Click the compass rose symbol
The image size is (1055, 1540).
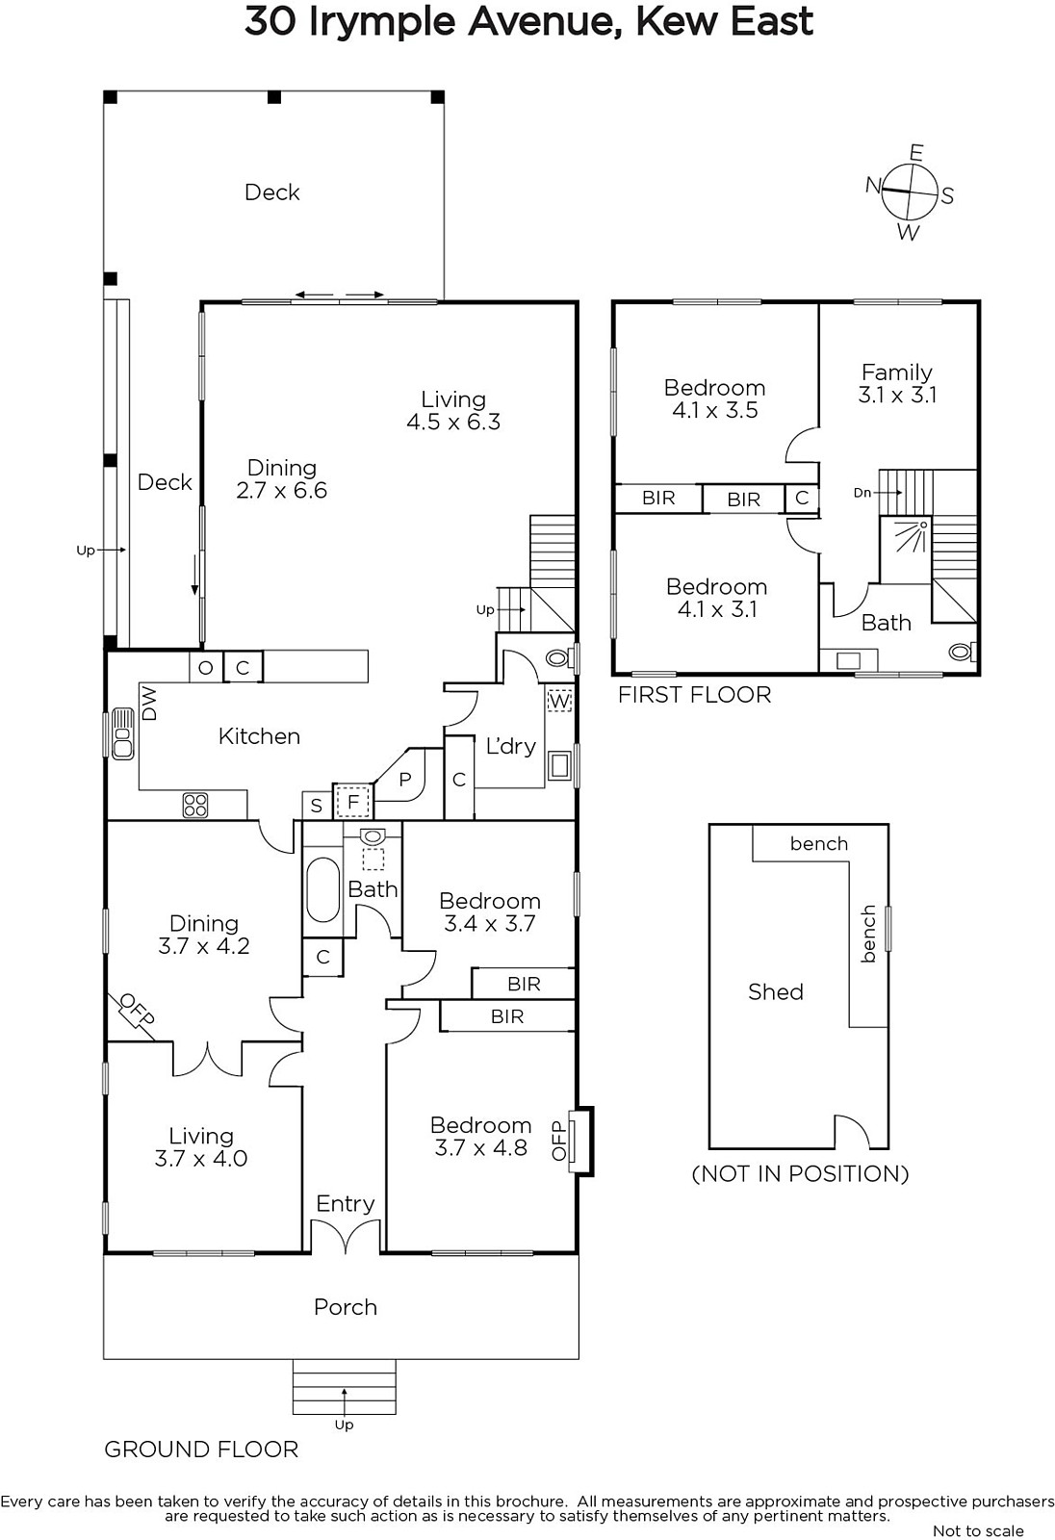(910, 191)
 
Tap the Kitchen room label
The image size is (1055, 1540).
(259, 736)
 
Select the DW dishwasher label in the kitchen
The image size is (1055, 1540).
(149, 703)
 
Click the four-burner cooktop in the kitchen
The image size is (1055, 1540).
(195, 805)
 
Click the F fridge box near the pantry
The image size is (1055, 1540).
(353, 802)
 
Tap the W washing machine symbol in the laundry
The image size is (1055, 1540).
(559, 702)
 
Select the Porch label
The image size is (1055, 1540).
(346, 1306)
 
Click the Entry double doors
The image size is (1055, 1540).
(346, 1236)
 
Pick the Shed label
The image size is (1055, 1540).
(776, 991)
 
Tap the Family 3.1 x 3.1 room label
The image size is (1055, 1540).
(897, 384)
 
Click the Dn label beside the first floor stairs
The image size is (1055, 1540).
(862, 492)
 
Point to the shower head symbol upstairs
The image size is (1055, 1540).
(914, 534)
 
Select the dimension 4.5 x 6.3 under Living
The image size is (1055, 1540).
(453, 422)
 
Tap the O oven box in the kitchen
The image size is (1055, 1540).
(205, 668)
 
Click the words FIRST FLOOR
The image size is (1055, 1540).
(695, 695)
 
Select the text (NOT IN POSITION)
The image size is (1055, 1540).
(801, 1173)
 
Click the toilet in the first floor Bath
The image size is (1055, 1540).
(963, 651)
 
